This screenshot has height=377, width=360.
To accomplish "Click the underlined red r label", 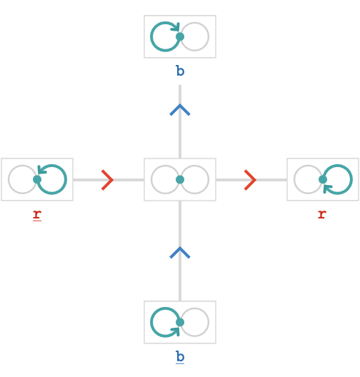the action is coord(37,215).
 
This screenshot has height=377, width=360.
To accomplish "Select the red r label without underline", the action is coord(322,214).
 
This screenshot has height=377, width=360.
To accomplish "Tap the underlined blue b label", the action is coord(180,357).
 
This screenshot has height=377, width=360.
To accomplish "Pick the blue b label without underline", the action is coord(180,71).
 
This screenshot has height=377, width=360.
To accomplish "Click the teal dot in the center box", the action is coord(180,180).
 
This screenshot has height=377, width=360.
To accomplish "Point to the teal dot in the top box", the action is coord(180,37).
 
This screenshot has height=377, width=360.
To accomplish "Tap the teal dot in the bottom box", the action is coord(180,323).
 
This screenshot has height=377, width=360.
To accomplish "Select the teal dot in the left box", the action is coord(37,179).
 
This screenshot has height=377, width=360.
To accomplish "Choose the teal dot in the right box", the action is coord(323,179).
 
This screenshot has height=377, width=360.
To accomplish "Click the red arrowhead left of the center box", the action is coord(107,180).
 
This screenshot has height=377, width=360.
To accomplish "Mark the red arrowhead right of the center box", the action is coord(250,180).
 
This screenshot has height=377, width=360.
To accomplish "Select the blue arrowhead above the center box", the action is coord(180,110).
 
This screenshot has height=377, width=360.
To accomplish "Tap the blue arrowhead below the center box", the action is coord(180,253).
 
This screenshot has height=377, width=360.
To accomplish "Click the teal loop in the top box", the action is coord(151,36).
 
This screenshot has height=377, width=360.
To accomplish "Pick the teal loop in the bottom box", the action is coord(151,322).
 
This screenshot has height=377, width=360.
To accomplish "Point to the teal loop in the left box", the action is coord(66,179).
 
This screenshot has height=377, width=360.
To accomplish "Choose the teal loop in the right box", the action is coord(352,179).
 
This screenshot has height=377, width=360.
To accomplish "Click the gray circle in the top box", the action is coord(209,36).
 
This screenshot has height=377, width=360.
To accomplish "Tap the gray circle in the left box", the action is coord(8,179).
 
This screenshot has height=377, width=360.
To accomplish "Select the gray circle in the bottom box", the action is coord(209,322).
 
